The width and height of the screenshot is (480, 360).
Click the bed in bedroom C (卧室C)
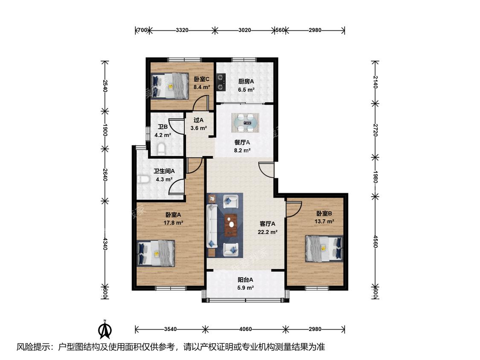[170, 86]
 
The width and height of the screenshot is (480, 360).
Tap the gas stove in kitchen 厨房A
[221, 82]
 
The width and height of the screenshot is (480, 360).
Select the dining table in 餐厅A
[245, 123]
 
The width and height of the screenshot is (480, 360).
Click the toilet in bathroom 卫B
[161, 149]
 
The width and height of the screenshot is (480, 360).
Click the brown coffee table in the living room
[231, 225]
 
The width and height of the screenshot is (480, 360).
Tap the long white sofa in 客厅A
[212, 226]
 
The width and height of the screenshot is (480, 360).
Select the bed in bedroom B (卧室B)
[324, 249]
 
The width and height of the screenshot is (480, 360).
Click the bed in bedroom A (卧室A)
[156, 253]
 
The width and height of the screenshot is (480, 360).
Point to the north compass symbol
[105, 329]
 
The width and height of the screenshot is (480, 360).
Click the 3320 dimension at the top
[182, 30]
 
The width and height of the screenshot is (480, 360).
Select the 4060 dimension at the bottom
[245, 329]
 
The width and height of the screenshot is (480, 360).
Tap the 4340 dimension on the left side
[105, 244]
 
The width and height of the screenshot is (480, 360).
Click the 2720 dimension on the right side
[375, 131]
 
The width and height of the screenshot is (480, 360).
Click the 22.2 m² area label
[268, 232]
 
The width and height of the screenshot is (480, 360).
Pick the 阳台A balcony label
[245, 279]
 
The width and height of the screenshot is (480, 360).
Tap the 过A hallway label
[198, 120]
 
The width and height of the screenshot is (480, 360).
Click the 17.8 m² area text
[173, 223]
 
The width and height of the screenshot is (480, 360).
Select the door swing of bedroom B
[294, 209]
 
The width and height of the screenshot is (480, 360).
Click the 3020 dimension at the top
[244, 30]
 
